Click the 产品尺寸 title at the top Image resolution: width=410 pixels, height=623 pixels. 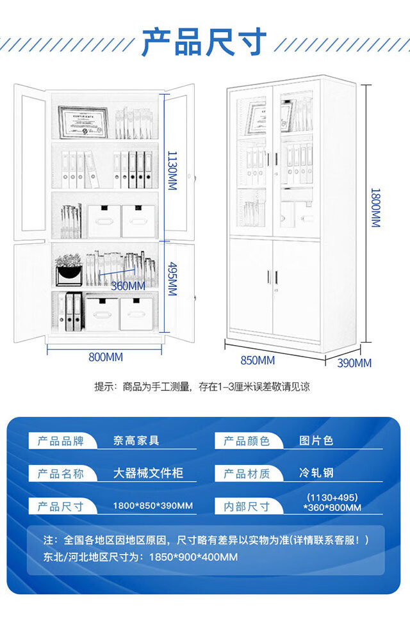point(204,42)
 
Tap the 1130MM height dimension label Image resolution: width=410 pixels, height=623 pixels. point(172,170)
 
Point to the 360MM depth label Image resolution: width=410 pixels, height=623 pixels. point(128,286)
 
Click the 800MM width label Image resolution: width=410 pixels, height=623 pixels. point(106,357)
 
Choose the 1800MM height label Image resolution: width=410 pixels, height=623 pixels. point(375,208)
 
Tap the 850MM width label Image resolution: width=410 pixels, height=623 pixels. point(258,360)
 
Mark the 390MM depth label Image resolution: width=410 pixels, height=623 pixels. point(354,363)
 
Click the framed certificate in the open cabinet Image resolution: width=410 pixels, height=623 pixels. point(83,122)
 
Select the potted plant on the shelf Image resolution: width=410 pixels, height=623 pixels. point(69,270)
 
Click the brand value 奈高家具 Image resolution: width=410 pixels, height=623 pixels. point(136,441)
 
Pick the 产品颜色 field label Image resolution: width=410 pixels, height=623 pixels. point(247,441)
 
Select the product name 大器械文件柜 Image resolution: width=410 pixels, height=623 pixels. point(148,473)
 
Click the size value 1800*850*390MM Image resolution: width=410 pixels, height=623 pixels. point(152,506)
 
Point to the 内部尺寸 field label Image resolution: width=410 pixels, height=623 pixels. point(247,506)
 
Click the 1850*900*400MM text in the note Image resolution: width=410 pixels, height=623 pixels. point(193,557)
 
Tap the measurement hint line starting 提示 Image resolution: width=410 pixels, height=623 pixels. point(202,387)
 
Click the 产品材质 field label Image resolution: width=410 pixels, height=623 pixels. point(247,474)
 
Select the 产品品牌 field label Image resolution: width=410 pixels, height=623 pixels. point(60,441)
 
